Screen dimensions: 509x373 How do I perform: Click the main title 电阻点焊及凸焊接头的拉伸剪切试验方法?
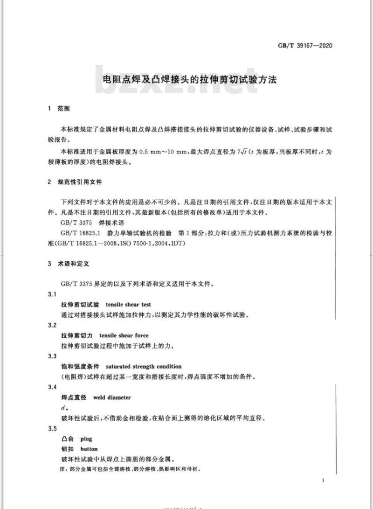[189, 80]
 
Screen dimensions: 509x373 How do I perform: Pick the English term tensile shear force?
[124, 335]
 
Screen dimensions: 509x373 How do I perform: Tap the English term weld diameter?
[112, 397]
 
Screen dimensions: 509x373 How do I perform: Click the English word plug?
[86, 439]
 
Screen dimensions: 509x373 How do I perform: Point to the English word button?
[89, 449]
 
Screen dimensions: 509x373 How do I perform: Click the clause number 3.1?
[52, 294]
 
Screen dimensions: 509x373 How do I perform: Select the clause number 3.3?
[52, 356]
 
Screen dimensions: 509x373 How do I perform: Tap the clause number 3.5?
[52, 429]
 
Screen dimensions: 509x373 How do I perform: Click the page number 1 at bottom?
[323, 480]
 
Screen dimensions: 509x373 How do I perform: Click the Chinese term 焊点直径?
[74, 397]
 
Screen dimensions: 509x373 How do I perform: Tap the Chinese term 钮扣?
[67, 449]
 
